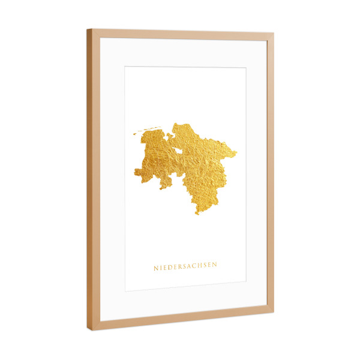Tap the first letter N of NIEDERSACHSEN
tap(155, 268)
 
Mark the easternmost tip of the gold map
tap(236, 152)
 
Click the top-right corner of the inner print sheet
tap(245, 68)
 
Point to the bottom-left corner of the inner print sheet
tap(125, 291)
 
